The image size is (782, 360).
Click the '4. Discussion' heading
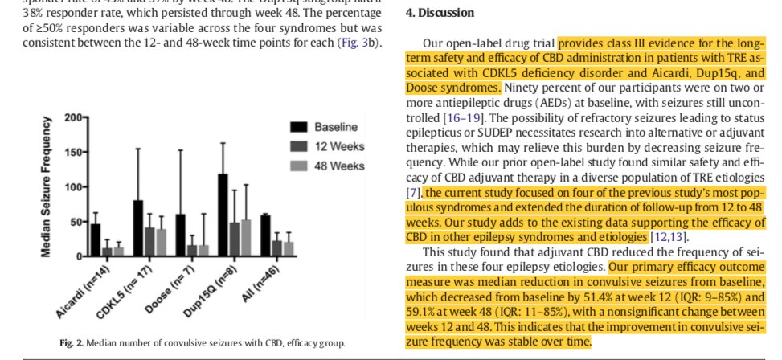point(440,14)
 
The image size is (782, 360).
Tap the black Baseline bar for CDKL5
point(138,229)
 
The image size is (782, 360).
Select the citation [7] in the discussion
point(412,193)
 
